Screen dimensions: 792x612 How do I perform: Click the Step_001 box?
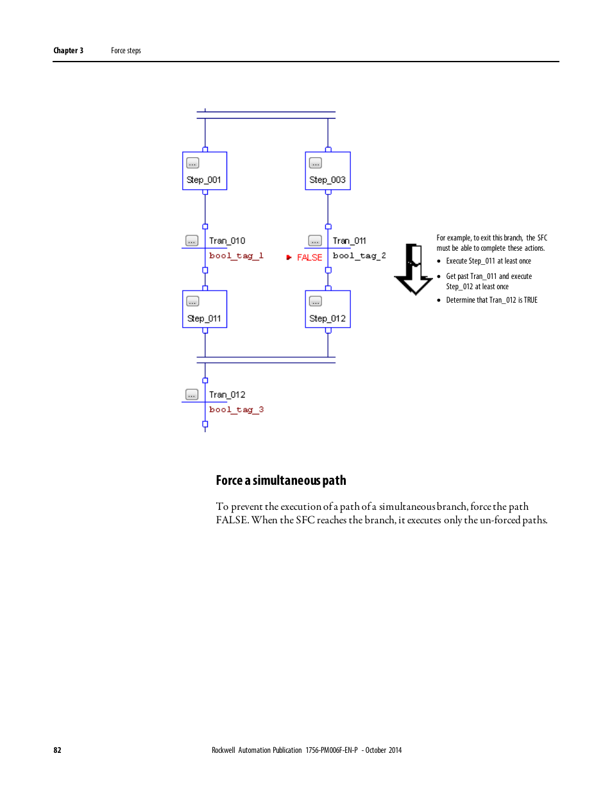click(205, 171)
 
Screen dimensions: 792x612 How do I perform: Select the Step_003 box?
click(328, 171)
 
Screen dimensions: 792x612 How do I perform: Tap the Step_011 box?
click(205, 309)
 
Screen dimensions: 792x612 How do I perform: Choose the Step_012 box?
click(328, 309)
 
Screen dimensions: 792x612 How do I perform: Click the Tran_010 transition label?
click(227, 241)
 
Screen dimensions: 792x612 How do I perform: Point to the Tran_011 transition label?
click(350, 241)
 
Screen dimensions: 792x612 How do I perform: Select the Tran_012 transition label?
click(227, 395)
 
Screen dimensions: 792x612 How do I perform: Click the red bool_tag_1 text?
click(236, 256)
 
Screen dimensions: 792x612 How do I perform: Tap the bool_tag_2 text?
click(359, 256)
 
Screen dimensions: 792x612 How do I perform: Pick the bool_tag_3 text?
click(236, 410)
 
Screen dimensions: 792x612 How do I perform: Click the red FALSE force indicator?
click(309, 258)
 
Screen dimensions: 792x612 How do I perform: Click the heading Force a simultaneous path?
click(281, 480)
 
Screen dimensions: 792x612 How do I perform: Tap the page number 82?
click(57, 750)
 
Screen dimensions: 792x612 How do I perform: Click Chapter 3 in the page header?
click(68, 51)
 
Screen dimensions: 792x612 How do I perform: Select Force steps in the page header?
click(126, 51)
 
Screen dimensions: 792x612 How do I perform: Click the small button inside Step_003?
click(316, 163)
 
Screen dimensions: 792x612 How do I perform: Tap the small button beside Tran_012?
click(192, 394)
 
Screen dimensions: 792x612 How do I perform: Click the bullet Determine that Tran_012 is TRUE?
click(491, 300)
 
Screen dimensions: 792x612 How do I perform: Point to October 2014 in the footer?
click(384, 750)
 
